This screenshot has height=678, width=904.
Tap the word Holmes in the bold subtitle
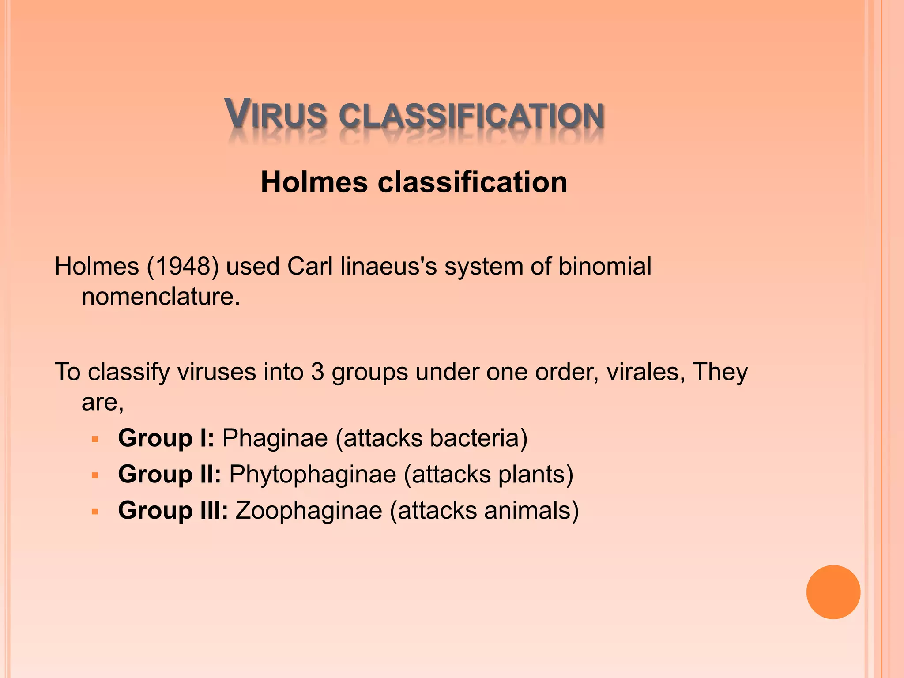tap(314, 182)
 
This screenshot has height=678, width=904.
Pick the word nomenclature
tap(161, 296)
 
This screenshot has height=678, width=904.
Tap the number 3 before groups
tap(317, 372)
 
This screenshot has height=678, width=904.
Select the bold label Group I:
tap(166, 438)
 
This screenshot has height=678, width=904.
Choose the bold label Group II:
tap(169, 474)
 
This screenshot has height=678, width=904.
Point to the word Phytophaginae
tap(313, 475)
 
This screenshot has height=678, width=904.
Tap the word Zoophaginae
tap(309, 511)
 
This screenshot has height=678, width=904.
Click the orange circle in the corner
tap(833, 592)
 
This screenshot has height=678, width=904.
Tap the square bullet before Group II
tap(94, 476)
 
